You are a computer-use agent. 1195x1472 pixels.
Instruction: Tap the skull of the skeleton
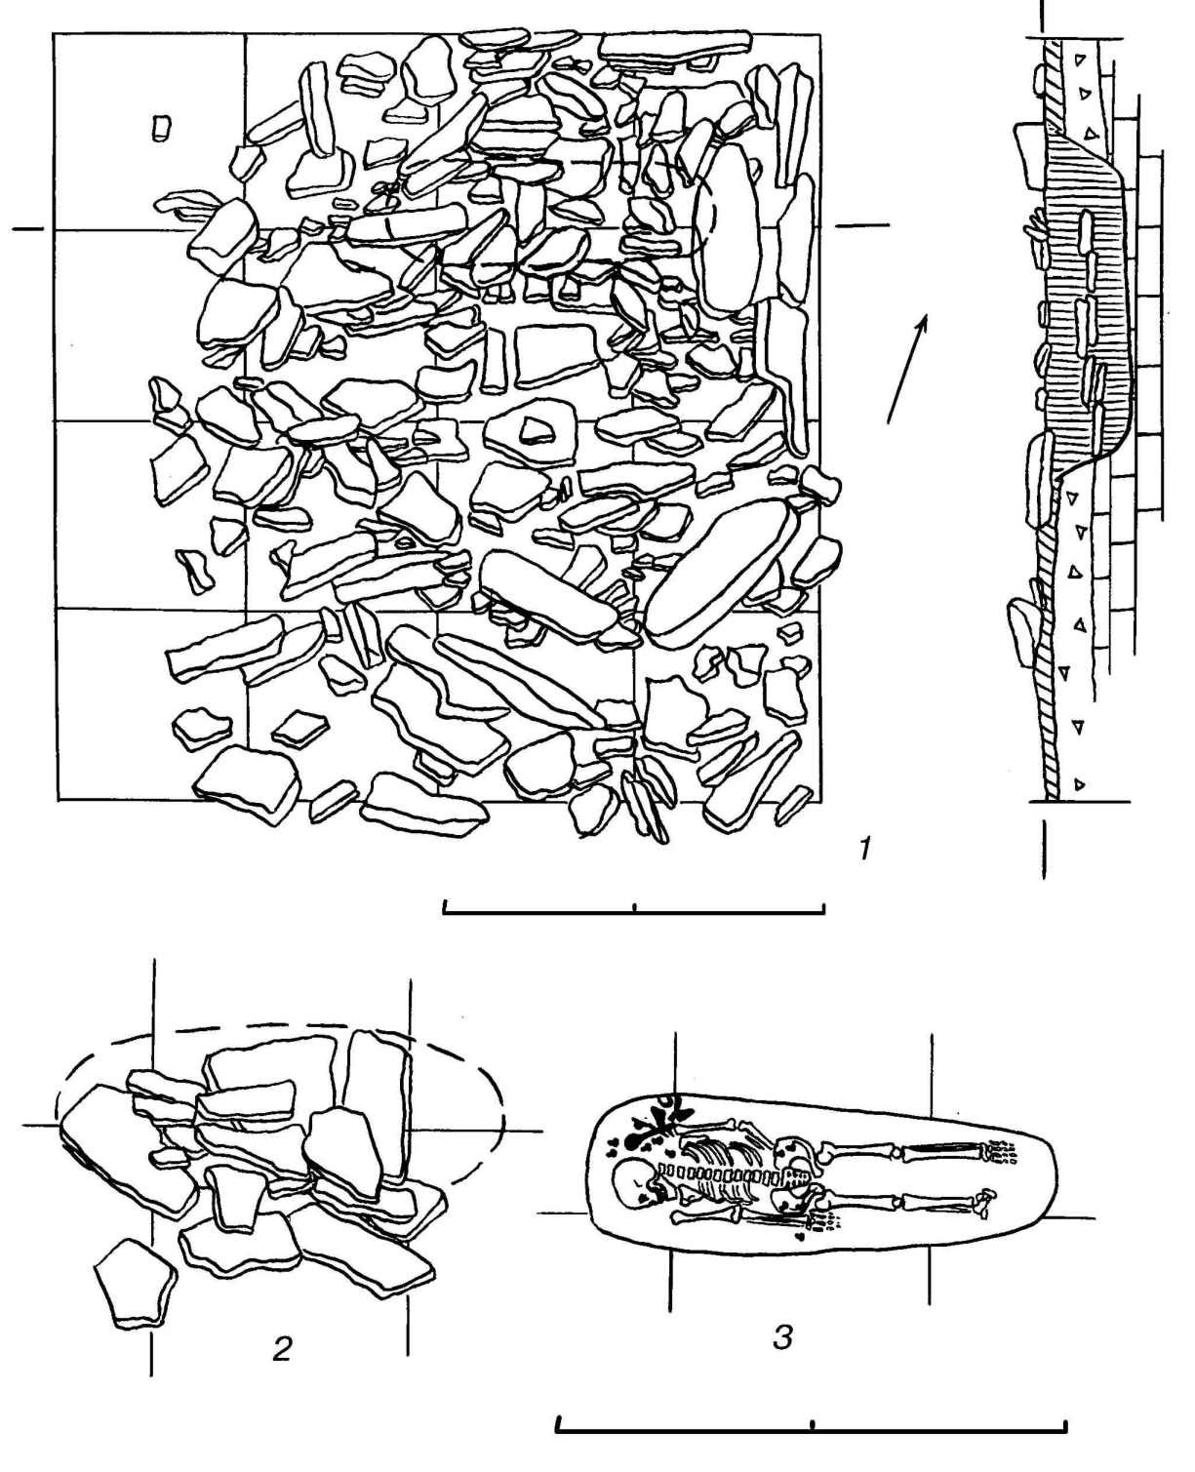[629, 1182]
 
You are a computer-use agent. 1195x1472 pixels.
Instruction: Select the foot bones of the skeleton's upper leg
[1001, 1153]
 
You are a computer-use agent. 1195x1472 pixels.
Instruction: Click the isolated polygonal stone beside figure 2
[134, 1284]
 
